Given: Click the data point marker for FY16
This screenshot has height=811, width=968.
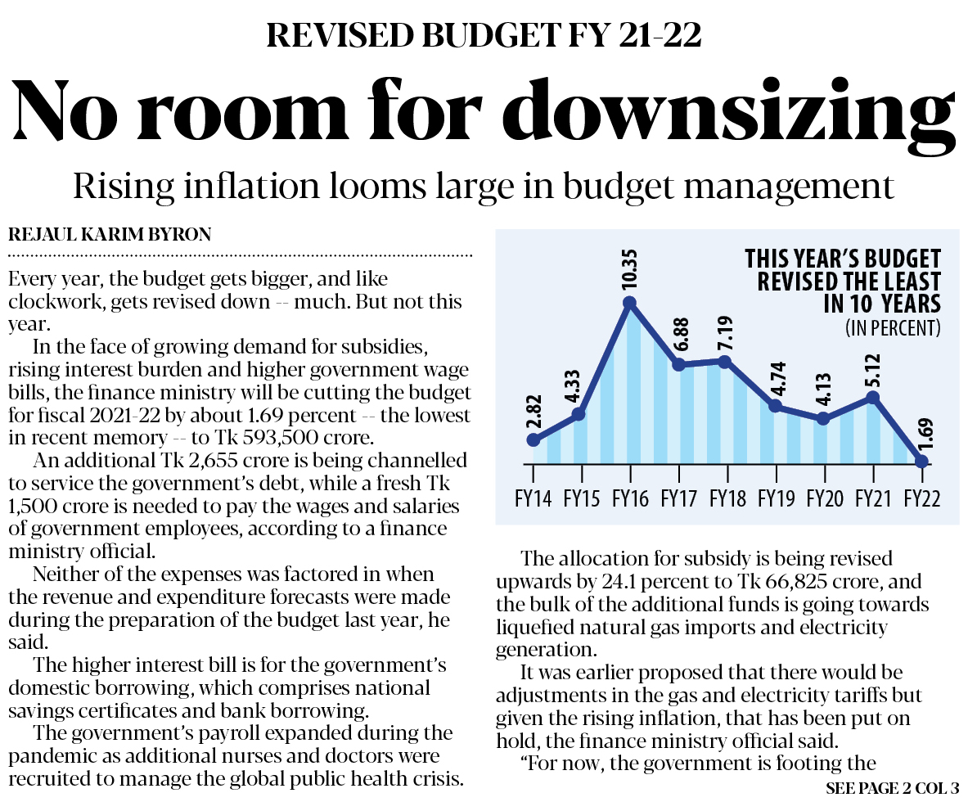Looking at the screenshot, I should click(x=630, y=303).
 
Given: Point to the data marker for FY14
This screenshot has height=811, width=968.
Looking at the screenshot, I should click(x=534, y=439).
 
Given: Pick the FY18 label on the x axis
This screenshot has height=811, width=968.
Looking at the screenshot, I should click(x=727, y=498).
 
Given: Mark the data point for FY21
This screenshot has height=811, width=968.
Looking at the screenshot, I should click(x=872, y=397).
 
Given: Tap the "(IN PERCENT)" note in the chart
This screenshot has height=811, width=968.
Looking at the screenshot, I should click(x=893, y=329).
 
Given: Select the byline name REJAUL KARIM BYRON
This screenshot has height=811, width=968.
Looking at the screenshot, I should click(x=109, y=235).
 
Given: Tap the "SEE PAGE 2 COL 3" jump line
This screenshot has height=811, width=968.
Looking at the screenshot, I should click(x=893, y=790).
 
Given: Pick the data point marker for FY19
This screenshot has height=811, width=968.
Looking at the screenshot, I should click(x=775, y=406).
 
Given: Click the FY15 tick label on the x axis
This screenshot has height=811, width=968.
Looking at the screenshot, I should click(x=581, y=498).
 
